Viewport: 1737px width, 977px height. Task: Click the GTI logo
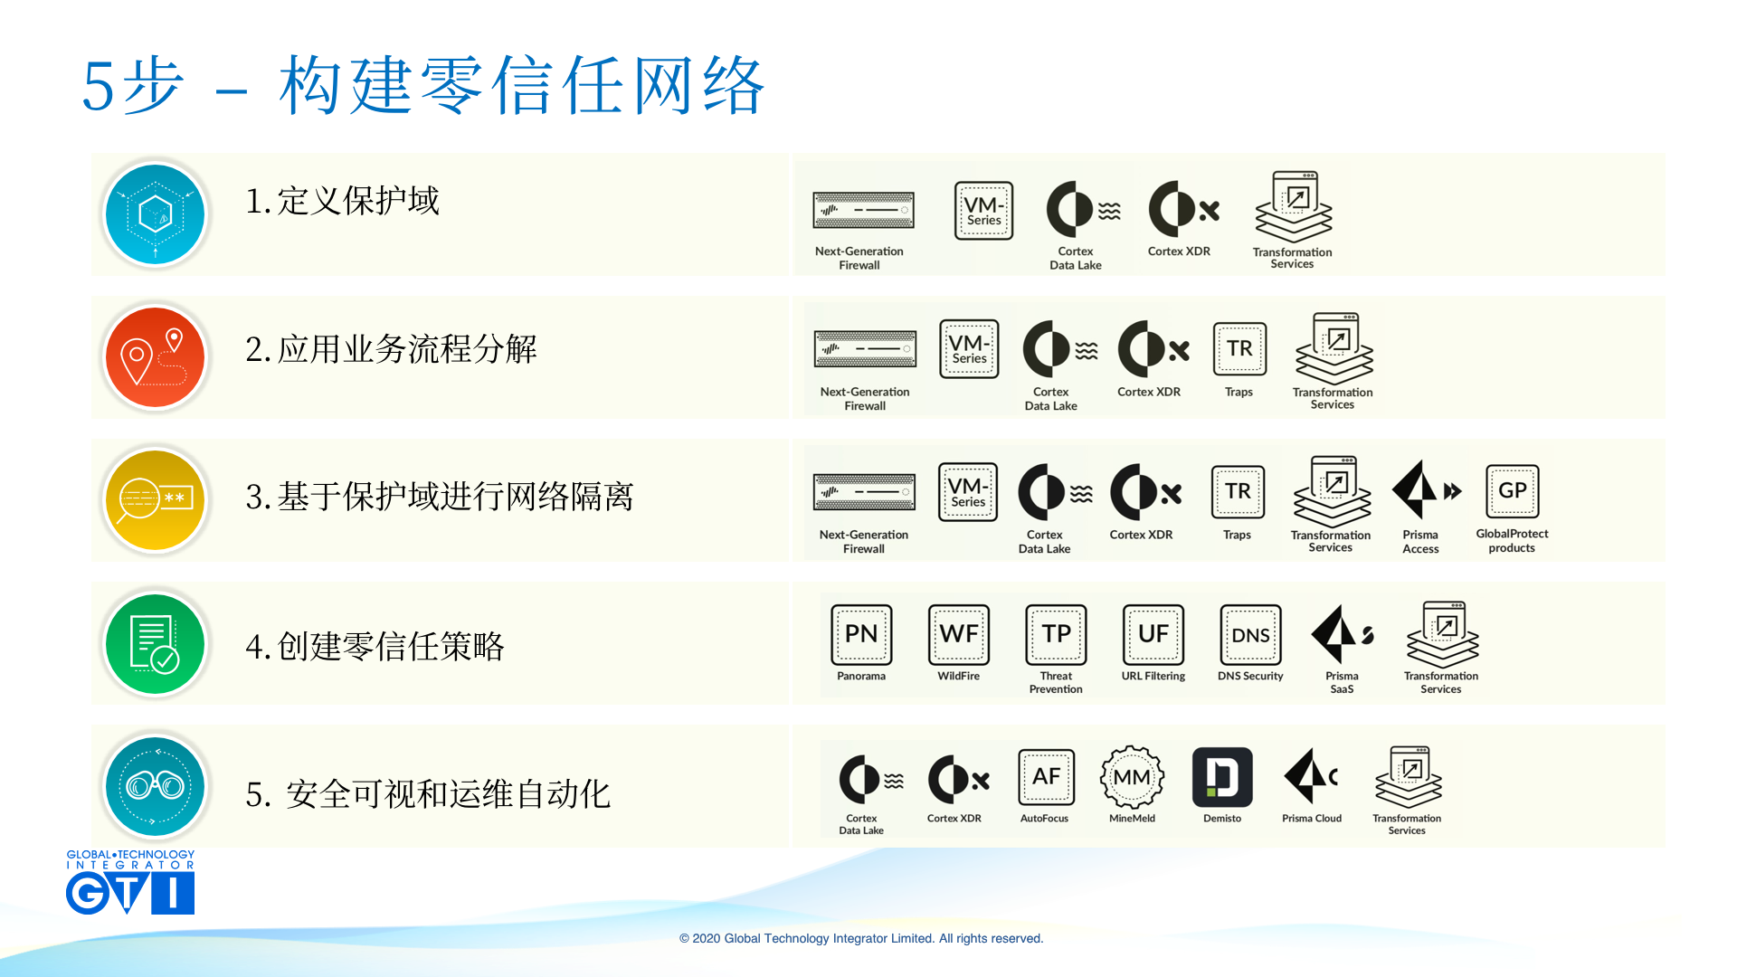(130, 882)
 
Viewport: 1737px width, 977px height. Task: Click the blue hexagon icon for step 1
(156, 214)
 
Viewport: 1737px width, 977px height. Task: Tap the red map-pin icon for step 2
(156, 357)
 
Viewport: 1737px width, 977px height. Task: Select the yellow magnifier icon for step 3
(156, 499)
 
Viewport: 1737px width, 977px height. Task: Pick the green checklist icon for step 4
(156, 643)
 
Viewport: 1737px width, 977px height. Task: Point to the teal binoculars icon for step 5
(156, 786)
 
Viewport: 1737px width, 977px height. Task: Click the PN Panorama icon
(861, 634)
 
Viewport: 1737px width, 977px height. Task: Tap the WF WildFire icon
(959, 634)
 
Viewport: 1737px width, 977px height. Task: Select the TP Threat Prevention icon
(1056, 634)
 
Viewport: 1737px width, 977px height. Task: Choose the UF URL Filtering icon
(1153, 634)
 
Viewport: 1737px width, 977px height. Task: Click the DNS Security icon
(1250, 634)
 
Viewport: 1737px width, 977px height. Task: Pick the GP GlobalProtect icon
(1512, 491)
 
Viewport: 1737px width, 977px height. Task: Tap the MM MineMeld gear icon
(1132, 777)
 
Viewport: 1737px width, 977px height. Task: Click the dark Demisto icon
(1222, 777)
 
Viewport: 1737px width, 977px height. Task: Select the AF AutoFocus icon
(1046, 777)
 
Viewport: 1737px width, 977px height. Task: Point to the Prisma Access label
(1420, 542)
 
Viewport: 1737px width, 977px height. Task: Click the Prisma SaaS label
(1342, 683)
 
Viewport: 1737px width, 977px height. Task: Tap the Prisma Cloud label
(1312, 819)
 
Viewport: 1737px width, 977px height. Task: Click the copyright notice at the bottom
(861, 938)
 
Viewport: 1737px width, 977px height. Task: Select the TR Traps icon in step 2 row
(1239, 348)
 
